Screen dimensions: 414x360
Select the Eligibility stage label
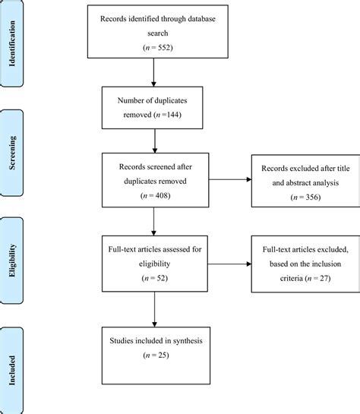pyautogui.click(x=13, y=251)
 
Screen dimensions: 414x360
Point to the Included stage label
pyautogui.click(x=13, y=358)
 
